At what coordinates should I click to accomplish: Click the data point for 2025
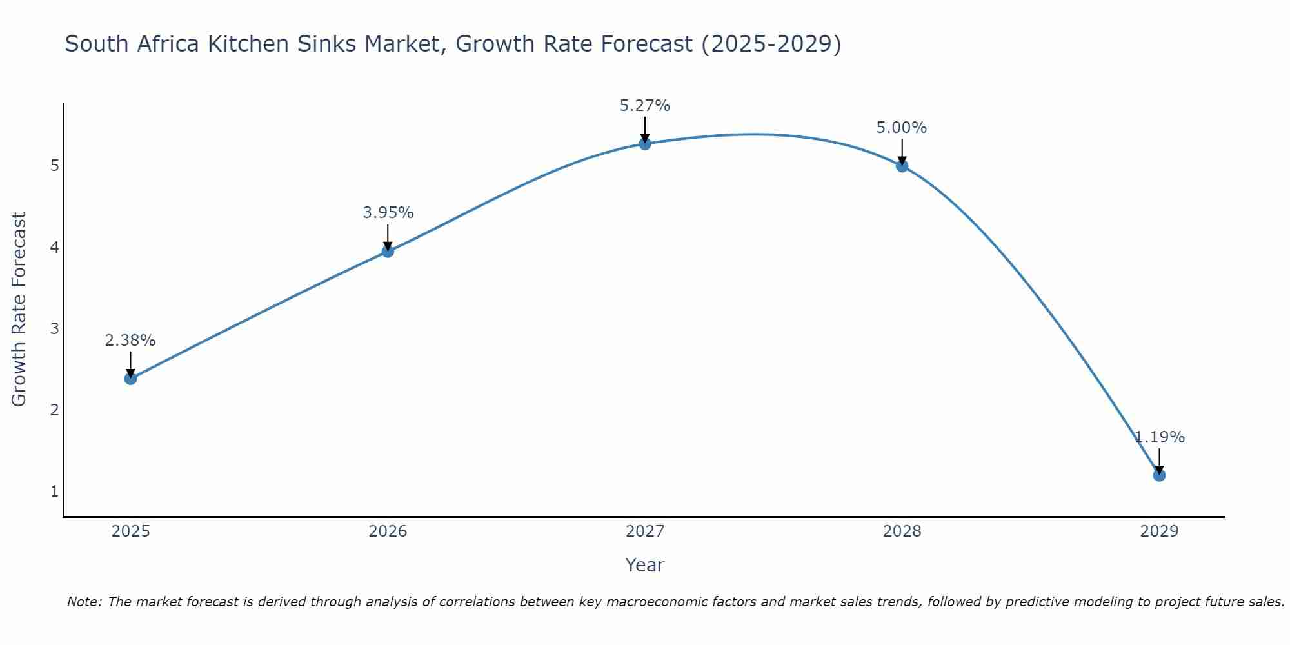(x=130, y=379)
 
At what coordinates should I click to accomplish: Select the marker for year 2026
(x=388, y=251)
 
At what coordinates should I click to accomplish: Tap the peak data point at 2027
(x=645, y=143)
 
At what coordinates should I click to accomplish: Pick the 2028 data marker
(x=902, y=166)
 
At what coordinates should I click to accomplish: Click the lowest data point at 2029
(x=1159, y=475)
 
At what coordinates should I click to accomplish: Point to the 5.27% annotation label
(x=645, y=106)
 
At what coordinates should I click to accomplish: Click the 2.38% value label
(x=130, y=341)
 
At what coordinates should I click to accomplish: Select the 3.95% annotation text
(x=388, y=213)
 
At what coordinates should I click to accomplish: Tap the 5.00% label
(x=902, y=128)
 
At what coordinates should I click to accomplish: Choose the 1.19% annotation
(x=1160, y=437)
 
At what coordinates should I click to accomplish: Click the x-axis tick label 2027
(x=645, y=531)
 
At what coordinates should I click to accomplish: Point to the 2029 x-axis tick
(x=1159, y=531)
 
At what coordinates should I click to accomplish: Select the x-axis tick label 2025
(x=130, y=531)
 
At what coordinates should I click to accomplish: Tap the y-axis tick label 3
(x=54, y=329)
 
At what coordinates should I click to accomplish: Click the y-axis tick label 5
(x=54, y=166)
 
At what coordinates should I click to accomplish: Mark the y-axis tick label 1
(x=54, y=491)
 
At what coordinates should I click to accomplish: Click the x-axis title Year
(x=645, y=565)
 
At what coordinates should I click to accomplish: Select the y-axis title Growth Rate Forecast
(x=19, y=310)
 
